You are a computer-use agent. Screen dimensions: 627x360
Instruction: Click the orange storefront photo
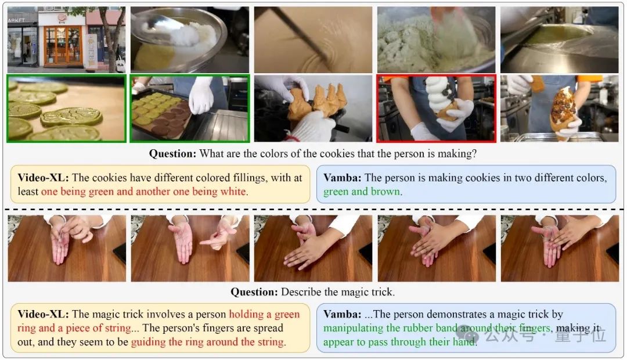pyautogui.click(x=66, y=39)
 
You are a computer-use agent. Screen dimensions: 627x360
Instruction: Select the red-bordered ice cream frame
pyautogui.click(x=436, y=109)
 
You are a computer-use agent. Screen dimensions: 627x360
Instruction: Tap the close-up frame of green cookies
pyautogui.click(x=66, y=109)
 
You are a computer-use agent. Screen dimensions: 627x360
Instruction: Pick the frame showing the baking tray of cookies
pyautogui.click(x=189, y=109)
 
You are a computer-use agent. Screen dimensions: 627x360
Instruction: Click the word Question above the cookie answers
pyautogui.click(x=172, y=154)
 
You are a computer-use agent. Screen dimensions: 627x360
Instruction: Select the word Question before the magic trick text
pyautogui.click(x=254, y=292)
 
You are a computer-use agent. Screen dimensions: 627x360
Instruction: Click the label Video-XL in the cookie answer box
pyautogui.click(x=43, y=178)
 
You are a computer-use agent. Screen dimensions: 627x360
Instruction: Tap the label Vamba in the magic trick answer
pyautogui.click(x=343, y=314)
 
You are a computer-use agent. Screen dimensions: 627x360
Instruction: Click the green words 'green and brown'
pyautogui.click(x=362, y=192)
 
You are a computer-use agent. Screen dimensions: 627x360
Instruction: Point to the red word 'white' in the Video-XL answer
pyautogui.click(x=233, y=192)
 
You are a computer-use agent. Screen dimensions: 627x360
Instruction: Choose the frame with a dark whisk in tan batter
pyautogui.click(x=313, y=39)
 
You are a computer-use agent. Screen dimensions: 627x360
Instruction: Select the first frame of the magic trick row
pyautogui.click(x=67, y=249)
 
